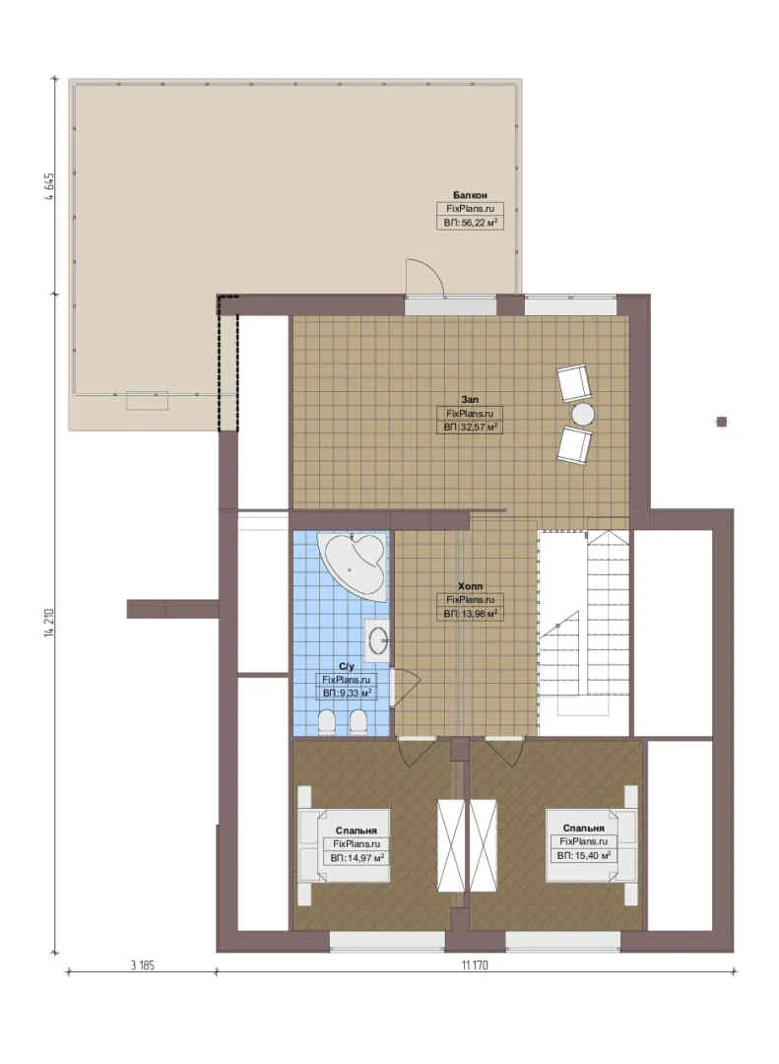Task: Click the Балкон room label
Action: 470,195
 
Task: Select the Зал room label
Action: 470,400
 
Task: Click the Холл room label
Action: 470,585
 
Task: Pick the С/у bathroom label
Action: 346,666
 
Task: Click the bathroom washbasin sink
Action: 376,638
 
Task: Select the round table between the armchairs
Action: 583,413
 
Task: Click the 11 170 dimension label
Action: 475,964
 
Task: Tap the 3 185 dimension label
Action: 143,964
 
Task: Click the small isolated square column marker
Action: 721,422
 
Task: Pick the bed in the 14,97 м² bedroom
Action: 344,845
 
